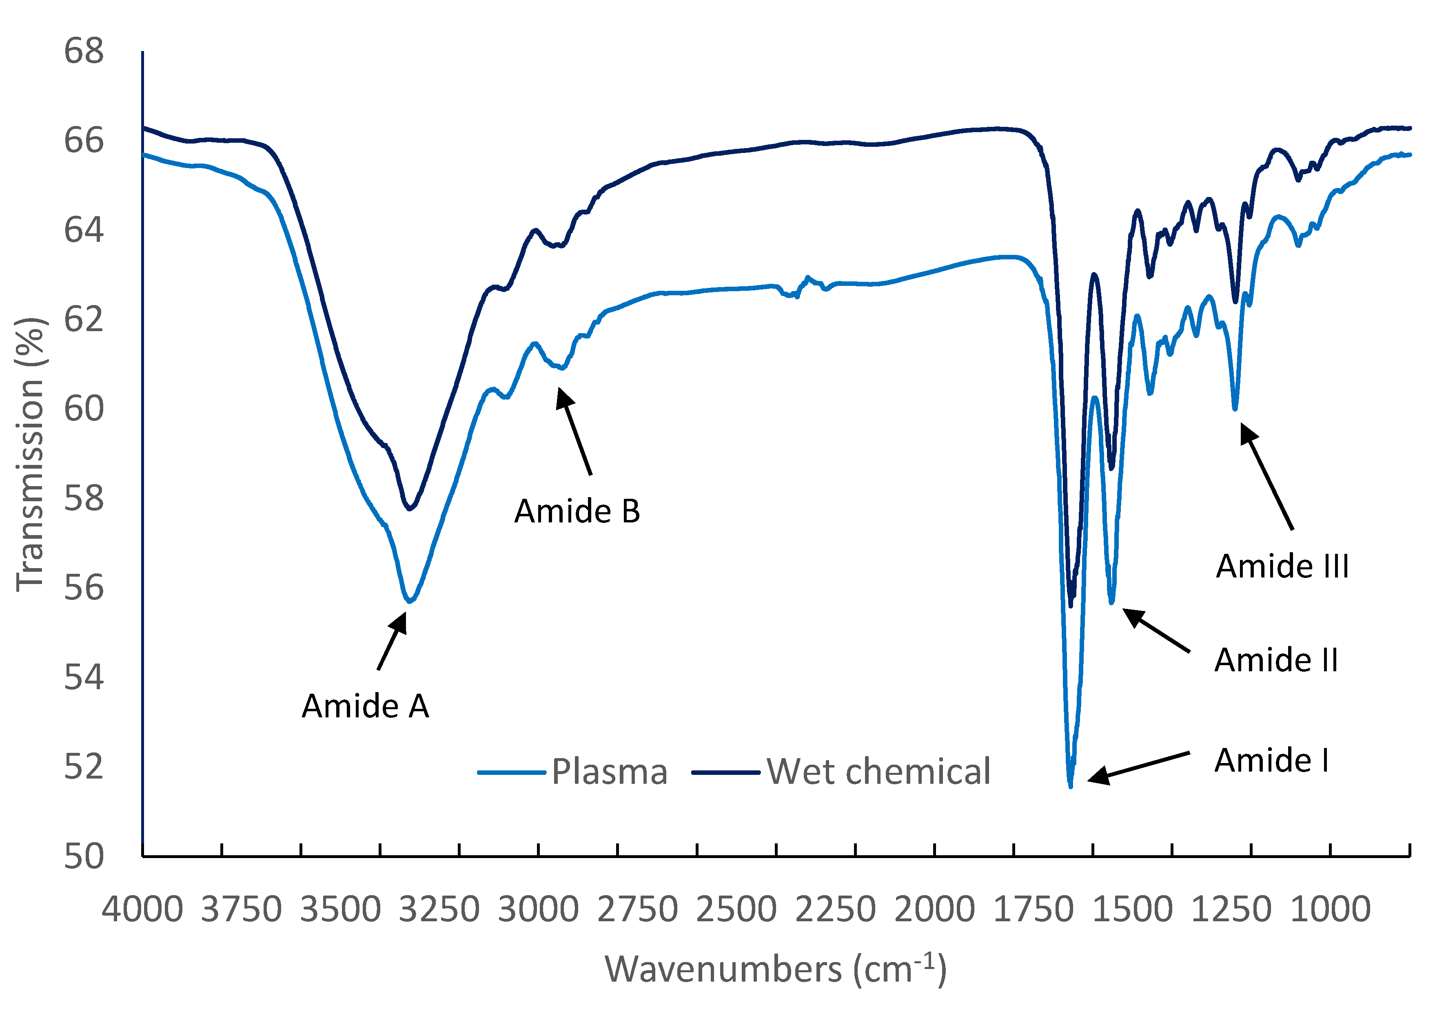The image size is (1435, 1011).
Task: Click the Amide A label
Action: tap(365, 707)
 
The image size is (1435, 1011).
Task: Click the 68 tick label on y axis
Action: tap(84, 51)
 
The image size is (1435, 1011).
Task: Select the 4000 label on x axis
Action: tap(142, 909)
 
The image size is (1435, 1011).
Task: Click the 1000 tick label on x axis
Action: tap(1330, 909)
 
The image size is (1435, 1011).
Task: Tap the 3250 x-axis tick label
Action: tap(439, 909)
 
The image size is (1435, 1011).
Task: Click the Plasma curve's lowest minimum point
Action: tap(1071, 786)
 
